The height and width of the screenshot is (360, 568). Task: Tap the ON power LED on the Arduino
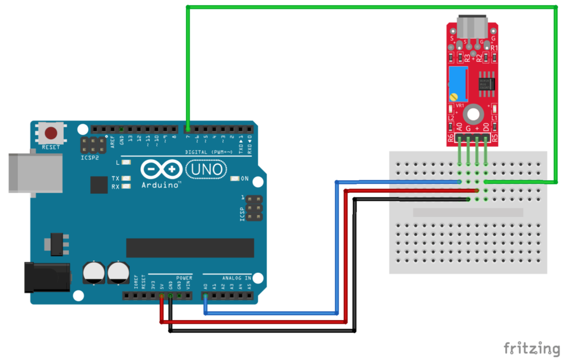click(x=235, y=179)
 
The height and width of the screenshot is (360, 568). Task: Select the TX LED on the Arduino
click(x=126, y=179)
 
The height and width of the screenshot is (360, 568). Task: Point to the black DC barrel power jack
click(x=47, y=277)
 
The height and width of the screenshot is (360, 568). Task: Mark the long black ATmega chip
click(x=190, y=248)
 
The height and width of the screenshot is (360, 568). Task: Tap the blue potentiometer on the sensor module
click(x=458, y=84)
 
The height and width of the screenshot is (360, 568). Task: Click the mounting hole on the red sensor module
click(x=473, y=115)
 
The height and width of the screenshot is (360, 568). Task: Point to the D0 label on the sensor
click(x=486, y=127)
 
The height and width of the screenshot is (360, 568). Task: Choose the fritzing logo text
click(x=531, y=348)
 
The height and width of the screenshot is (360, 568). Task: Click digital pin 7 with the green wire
click(x=188, y=129)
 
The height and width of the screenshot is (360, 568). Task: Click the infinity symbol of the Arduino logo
click(x=161, y=169)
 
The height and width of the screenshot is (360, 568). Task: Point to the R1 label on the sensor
click(x=494, y=48)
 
